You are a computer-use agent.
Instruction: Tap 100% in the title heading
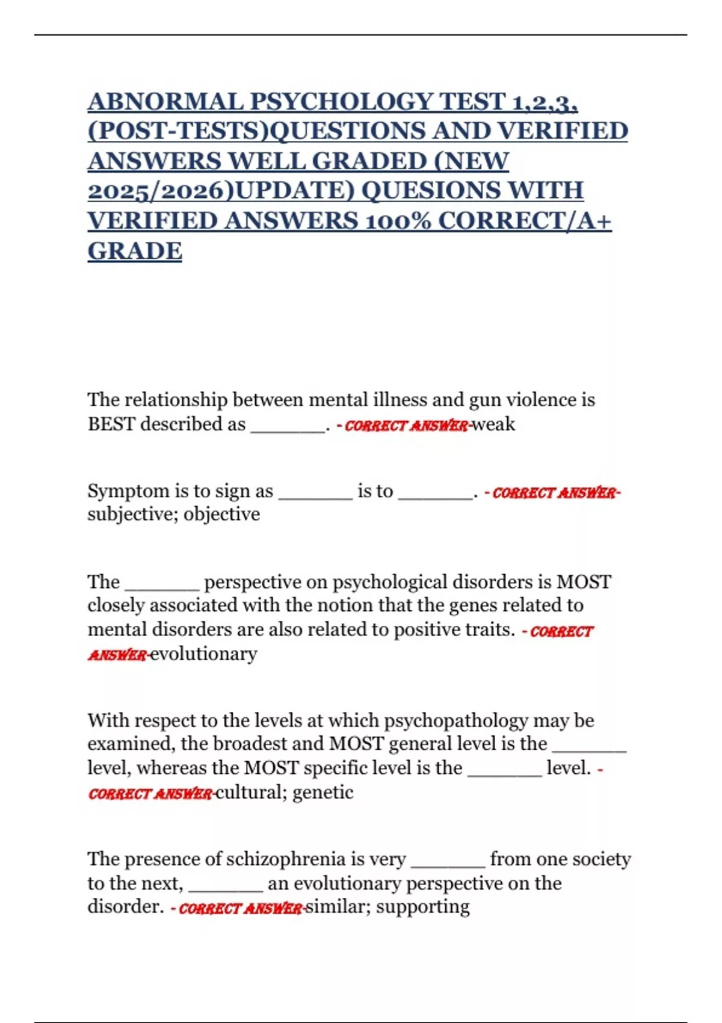point(398,221)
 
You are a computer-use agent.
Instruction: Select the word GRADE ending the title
point(135,251)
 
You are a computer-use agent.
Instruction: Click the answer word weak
point(493,424)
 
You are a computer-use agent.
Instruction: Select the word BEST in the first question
point(111,424)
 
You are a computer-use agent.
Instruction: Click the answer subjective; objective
point(173,515)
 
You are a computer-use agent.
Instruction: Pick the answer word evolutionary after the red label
point(203,654)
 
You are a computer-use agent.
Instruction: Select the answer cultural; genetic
point(285,793)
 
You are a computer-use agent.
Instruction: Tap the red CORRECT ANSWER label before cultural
point(150,794)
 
